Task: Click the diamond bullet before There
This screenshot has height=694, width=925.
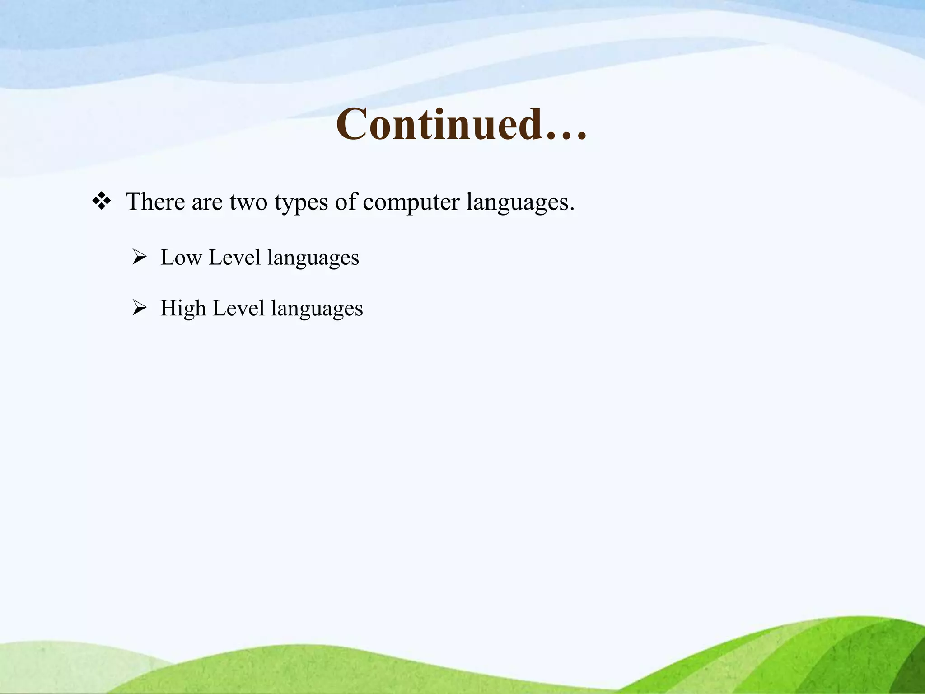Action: coord(102,201)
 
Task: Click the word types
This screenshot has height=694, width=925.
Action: coord(301,202)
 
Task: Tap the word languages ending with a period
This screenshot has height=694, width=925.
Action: coord(519,202)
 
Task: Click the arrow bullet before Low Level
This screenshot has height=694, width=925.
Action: coord(140,258)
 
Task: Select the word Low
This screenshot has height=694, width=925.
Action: coord(181,258)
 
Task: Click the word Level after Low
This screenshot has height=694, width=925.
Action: coord(234,258)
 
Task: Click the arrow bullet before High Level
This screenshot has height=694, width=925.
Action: coord(140,309)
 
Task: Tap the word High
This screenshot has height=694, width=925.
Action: coord(183,309)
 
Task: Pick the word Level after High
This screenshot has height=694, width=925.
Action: coord(238,309)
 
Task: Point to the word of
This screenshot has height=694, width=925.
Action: coord(346,202)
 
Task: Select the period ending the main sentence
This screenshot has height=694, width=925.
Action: coord(572,209)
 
